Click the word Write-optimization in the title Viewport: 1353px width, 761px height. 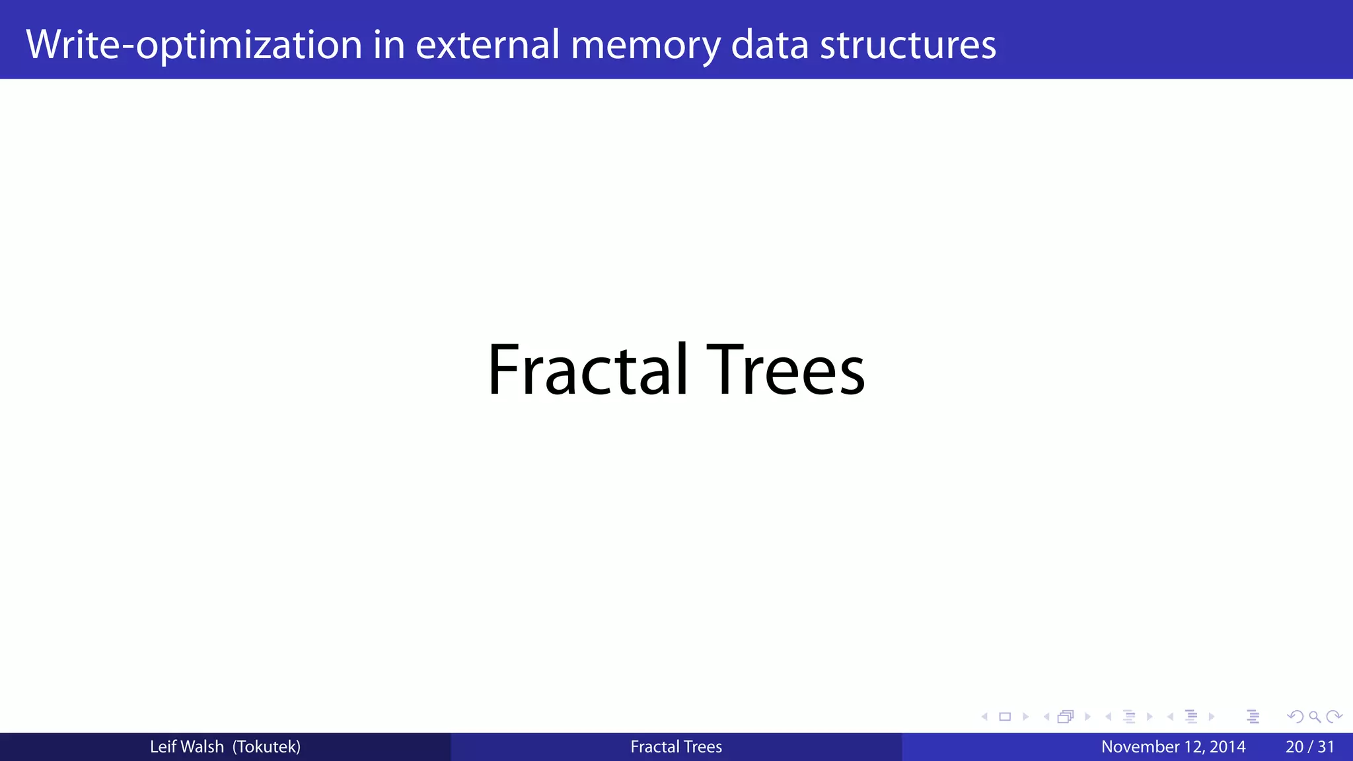[194, 45]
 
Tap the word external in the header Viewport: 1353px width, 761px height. [488, 45]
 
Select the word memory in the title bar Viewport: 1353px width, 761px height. [645, 45]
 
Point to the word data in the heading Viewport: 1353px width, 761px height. [770, 45]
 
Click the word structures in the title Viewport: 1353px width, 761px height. [908, 45]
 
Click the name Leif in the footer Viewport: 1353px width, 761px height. [162, 747]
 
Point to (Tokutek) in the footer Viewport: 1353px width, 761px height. [266, 747]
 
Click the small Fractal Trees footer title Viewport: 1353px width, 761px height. [676, 747]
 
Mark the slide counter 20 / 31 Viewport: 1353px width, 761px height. [1309, 747]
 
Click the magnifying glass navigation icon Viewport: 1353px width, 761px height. [1315, 717]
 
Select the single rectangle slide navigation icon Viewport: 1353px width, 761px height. [1005, 717]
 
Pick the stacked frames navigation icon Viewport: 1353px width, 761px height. [1065, 717]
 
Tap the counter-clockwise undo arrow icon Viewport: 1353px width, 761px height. [1296, 717]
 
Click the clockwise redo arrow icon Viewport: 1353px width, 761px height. [1334, 717]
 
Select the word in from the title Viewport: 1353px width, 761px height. [388, 45]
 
